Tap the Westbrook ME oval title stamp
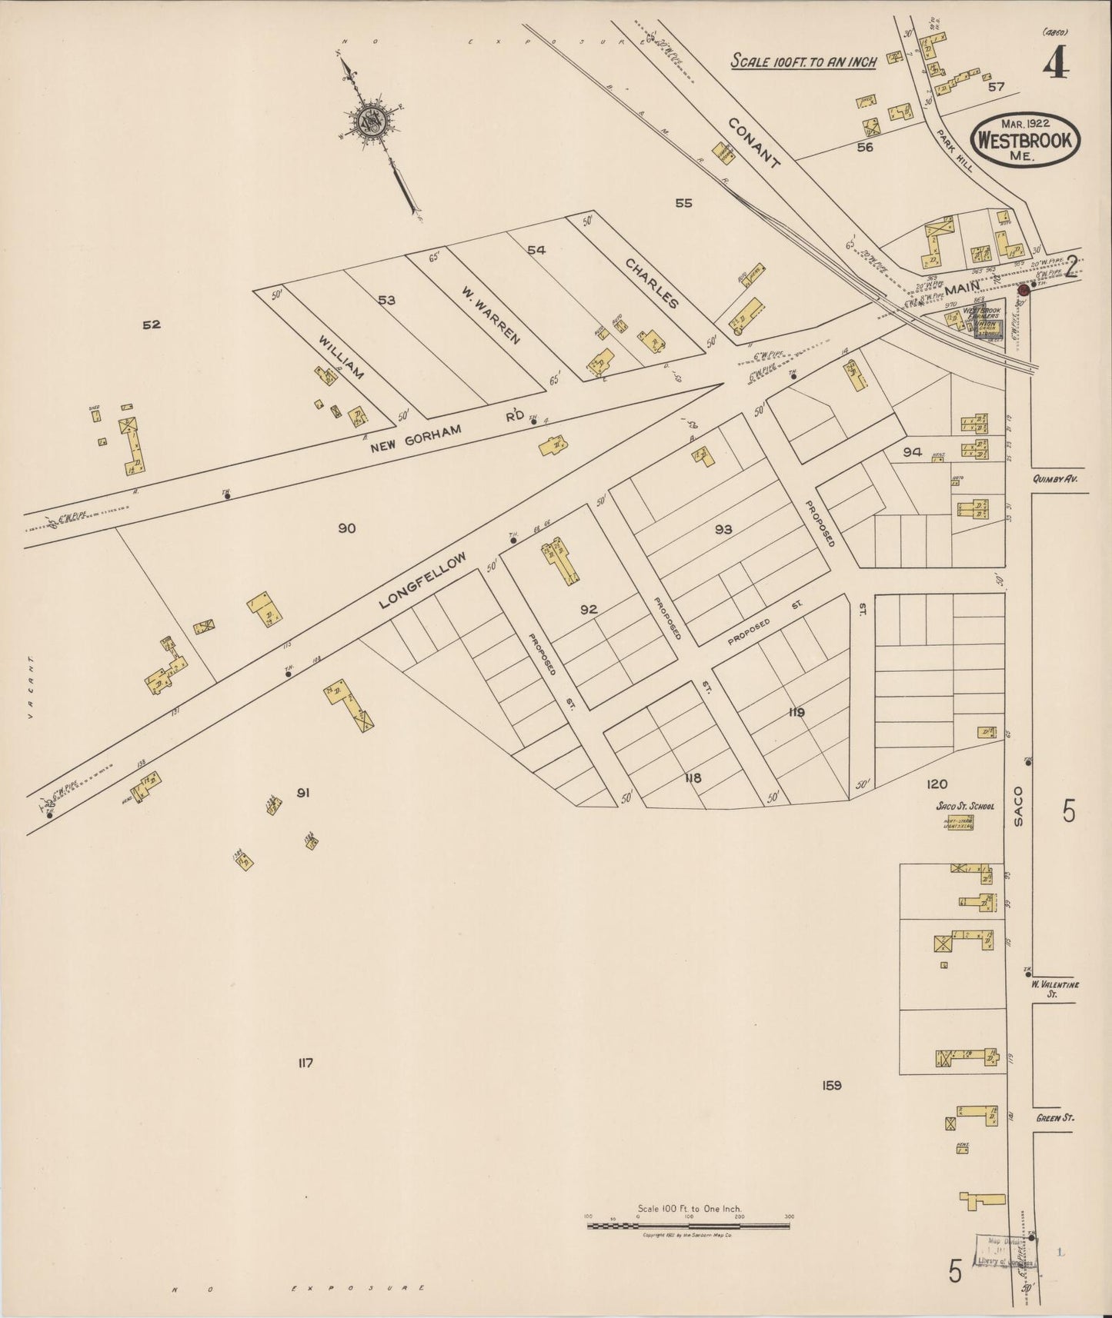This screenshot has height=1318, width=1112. click(1027, 138)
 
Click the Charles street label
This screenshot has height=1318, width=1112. click(651, 283)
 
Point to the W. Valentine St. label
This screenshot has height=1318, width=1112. click(1056, 988)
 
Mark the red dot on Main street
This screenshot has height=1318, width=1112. click(1024, 291)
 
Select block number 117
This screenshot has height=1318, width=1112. click(306, 1063)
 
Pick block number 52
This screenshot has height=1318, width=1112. click(152, 325)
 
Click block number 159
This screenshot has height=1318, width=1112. click(832, 1086)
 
